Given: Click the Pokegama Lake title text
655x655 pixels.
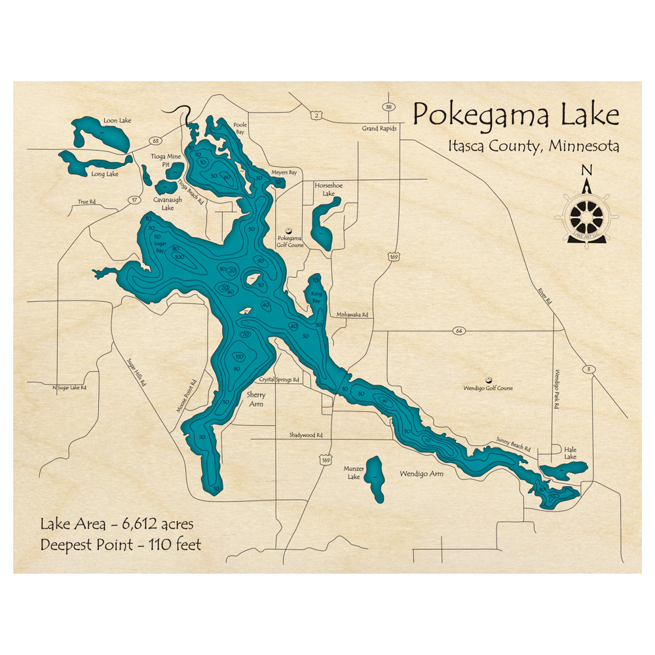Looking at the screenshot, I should coord(515,115).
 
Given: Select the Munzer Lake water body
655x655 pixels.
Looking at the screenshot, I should coord(375,478).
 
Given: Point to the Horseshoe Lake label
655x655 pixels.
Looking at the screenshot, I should coord(324,189).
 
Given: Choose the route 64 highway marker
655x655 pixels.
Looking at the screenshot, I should coord(458,331).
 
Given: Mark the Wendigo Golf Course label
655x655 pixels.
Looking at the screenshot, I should coord(488,388).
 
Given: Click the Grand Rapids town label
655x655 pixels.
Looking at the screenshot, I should coord(379,128).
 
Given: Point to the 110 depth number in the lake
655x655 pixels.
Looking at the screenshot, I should coord(239,357).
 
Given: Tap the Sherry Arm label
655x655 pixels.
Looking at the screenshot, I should coord(254,400).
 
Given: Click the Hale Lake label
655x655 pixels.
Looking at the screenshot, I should coord(570,453).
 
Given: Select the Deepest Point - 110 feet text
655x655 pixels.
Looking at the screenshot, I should coord(121,544).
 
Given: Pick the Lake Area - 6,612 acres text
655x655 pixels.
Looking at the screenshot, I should coord(117,525).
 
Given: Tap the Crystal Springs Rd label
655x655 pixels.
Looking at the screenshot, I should coord(279,379).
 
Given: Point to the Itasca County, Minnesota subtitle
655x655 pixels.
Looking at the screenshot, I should coord(533,145).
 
